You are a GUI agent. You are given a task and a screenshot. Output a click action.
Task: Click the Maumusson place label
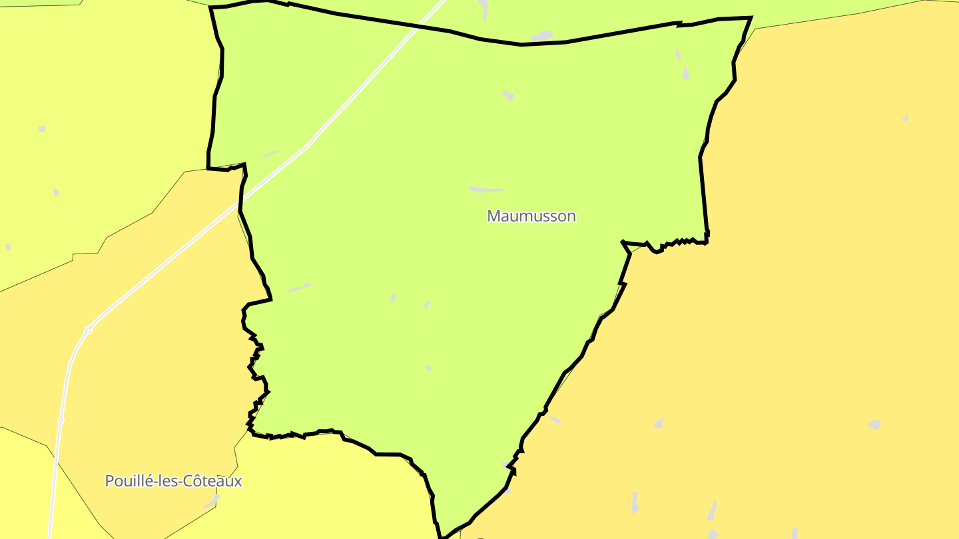point(531,216)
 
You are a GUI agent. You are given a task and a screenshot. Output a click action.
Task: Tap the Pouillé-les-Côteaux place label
point(173,480)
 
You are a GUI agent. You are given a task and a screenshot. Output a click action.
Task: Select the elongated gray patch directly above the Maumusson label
point(486,190)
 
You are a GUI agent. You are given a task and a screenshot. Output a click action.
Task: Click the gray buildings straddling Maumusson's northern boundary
point(543,36)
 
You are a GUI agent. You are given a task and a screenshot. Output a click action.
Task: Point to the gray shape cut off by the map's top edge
point(483,7)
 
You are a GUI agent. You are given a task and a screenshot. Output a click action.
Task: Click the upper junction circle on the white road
point(88,329)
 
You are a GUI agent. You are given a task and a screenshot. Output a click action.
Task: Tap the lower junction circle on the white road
point(61,420)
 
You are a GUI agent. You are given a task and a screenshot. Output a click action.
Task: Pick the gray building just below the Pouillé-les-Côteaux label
point(212,501)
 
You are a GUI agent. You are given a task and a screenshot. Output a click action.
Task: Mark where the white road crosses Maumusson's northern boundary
point(433,28)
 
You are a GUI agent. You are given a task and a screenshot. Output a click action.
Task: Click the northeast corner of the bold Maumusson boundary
point(751,18)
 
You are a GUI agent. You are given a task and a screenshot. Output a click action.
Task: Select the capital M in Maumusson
point(493,216)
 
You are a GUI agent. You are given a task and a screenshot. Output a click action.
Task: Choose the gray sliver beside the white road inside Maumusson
point(270,154)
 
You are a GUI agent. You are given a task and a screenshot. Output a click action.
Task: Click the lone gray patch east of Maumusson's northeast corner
point(905,118)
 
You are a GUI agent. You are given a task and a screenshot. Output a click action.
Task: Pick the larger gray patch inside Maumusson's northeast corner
point(685,73)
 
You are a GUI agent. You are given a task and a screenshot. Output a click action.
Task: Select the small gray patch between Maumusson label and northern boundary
point(507,95)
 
